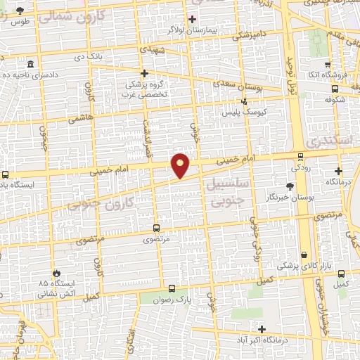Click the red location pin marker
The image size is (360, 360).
181,165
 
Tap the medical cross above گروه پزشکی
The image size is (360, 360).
144,72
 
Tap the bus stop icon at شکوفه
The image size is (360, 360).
335,89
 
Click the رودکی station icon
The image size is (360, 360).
301,157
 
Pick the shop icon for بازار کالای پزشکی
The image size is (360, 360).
304,255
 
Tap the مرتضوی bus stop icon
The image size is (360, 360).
156,228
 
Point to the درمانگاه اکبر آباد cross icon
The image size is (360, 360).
262,328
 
